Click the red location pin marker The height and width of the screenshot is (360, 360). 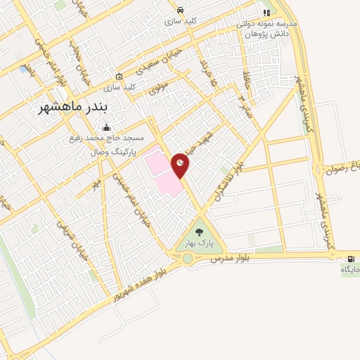tap(181, 165)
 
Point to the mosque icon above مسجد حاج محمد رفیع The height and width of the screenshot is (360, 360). tap(106, 127)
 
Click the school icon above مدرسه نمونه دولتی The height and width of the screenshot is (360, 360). tap(266, 13)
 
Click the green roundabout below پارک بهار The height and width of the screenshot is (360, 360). tap(188, 258)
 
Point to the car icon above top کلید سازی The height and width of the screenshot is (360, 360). tap(181, 10)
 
